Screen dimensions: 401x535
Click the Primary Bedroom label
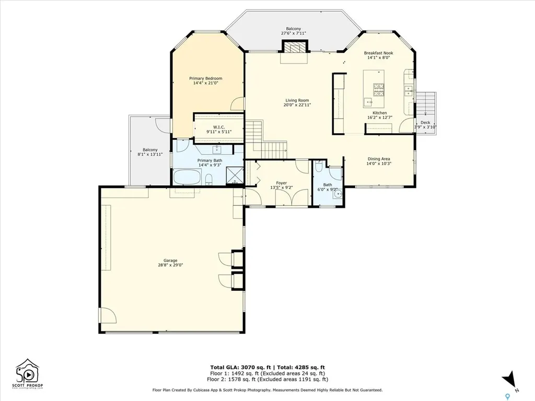coord(205,78)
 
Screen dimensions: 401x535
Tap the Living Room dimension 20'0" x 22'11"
coord(297,105)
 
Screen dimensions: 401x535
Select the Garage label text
coord(170,261)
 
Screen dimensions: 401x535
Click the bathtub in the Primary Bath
coord(187,178)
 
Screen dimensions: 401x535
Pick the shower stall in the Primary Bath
coord(236,177)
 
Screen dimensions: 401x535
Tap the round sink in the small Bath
coord(338,195)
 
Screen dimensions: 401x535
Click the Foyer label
coord(282,183)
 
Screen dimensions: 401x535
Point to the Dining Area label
coord(379,159)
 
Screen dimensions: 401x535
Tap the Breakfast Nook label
coord(379,53)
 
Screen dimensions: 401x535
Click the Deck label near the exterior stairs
coord(425,123)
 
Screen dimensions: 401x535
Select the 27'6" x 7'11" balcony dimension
coord(293,33)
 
